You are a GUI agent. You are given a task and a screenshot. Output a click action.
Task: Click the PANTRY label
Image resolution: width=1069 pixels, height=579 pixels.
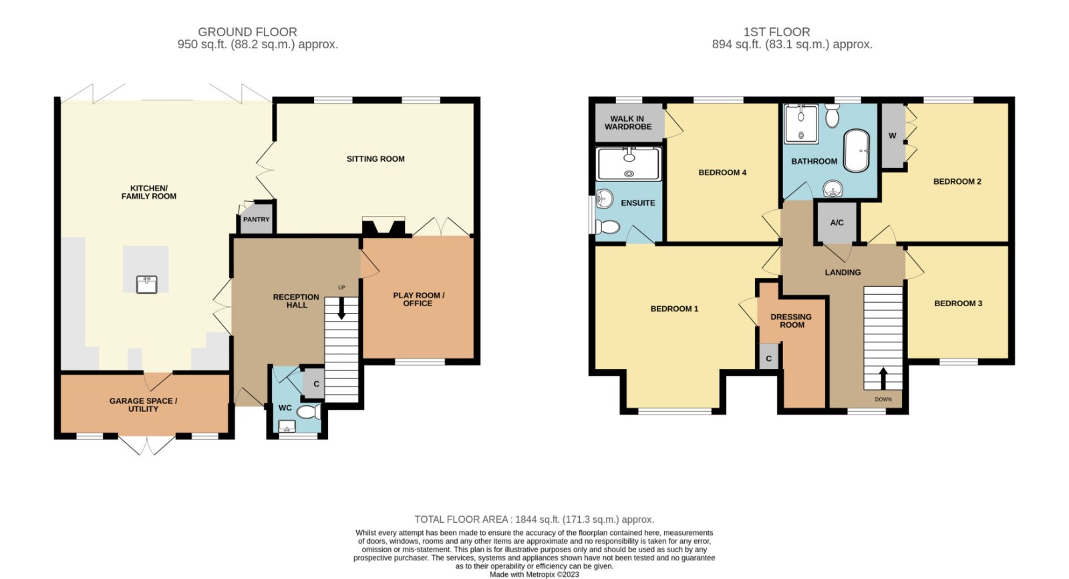coord(257,219)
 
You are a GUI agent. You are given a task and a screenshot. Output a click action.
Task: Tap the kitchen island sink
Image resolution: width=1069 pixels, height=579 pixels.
coord(146,284)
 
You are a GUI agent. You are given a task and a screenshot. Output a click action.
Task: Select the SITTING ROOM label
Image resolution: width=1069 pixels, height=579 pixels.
coord(375,159)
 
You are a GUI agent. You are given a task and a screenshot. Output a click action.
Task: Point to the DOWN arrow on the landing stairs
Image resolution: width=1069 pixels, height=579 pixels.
coord(883,378)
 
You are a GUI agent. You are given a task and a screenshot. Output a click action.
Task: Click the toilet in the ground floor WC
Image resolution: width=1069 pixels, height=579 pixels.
coord(309,411)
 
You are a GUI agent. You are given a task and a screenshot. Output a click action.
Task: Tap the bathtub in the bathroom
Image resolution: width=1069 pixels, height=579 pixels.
coord(857,150)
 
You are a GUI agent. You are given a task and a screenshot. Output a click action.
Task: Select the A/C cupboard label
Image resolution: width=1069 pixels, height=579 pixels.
coord(836,223)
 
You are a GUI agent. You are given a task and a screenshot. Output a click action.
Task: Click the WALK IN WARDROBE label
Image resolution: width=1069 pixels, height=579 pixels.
coord(627,122)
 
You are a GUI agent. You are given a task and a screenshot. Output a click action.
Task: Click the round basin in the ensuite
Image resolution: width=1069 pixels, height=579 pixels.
coord(604,199)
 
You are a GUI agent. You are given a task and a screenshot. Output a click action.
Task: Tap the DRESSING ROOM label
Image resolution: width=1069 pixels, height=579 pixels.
coord(791,320)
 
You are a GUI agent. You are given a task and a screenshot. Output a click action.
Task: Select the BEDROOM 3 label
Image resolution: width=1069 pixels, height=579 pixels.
coord(958,304)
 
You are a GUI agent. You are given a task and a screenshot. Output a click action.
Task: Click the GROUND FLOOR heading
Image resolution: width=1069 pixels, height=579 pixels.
coord(247,32)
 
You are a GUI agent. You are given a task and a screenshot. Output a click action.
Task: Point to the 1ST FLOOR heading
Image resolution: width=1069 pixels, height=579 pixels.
coord(776,32)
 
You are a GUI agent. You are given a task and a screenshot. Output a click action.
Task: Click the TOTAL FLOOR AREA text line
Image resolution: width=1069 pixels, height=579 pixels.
coord(534,519)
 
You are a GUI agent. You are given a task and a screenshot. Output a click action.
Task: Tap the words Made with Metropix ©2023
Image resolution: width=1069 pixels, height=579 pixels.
coord(534,574)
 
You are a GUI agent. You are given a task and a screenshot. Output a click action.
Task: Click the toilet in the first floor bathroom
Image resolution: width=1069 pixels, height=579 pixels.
coord(832,116)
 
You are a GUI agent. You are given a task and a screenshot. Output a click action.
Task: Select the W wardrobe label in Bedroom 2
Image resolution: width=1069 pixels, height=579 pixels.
coord(892,136)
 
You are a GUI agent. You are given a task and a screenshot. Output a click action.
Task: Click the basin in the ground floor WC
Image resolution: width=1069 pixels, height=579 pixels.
coord(287,426)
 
